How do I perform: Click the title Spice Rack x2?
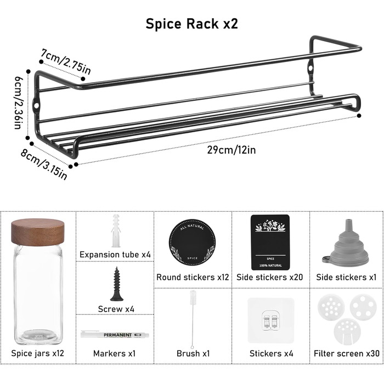(192, 24)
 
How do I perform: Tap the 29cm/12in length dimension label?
(231, 150)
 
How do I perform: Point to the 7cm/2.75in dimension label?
(66, 62)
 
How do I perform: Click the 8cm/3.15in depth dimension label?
(43, 165)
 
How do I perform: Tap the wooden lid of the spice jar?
(38, 232)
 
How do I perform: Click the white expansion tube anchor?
(116, 231)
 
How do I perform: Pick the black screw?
(116, 284)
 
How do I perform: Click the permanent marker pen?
(115, 334)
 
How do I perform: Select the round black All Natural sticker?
(192, 242)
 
